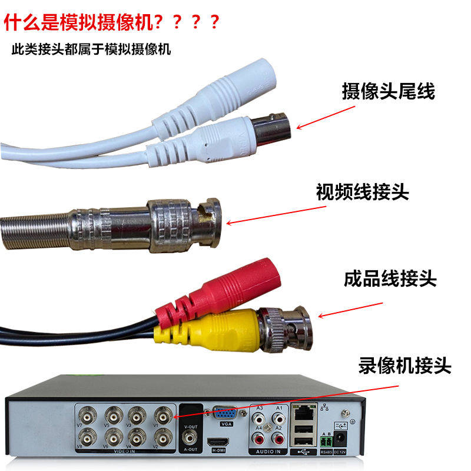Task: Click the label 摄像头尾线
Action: pos(388,91)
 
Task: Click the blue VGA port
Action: pos(225,414)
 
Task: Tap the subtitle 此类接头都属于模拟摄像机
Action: pos(91,49)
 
